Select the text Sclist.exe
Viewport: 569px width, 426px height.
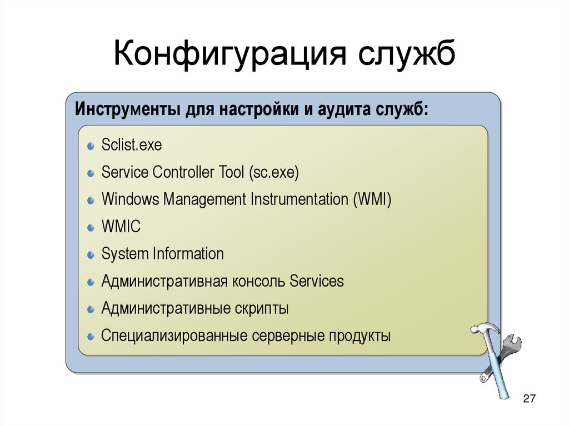coord(132,146)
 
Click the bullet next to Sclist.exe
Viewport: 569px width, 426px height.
coord(91,147)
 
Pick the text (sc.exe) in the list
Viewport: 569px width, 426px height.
coord(274,172)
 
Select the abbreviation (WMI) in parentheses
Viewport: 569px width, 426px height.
coord(372,199)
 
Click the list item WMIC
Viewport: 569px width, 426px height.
coord(121,227)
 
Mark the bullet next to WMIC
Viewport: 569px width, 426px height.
coord(91,228)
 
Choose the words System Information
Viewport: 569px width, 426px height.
coord(163,254)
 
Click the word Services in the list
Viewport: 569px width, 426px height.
coord(317,281)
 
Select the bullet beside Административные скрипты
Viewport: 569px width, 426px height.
coord(91,309)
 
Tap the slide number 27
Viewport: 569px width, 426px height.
coord(529,399)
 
